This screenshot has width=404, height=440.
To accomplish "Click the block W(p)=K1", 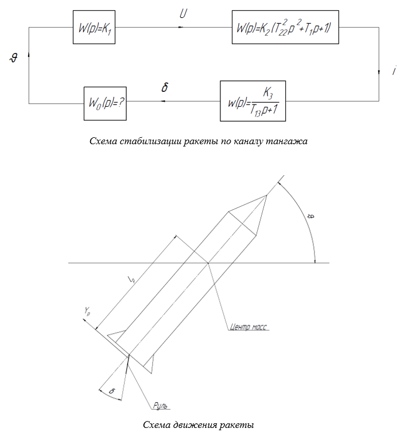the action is point(94,27).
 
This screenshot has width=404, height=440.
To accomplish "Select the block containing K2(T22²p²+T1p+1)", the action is point(285,27).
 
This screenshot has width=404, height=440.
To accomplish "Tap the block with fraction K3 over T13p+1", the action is point(252,101).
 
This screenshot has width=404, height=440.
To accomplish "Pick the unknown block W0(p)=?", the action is point(105,103).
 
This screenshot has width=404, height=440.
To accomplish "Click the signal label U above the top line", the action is point(183,14).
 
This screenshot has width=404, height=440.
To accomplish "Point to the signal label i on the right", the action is point(394,70).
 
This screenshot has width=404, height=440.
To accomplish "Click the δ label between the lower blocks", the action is point(165,87).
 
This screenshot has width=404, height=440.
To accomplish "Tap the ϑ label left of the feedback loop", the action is point(14,58).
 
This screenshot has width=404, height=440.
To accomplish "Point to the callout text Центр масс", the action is point(248,327).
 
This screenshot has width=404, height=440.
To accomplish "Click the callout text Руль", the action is point(160,406).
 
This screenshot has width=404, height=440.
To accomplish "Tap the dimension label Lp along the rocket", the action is point(132,279).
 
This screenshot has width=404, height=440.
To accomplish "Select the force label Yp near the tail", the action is point(87,311).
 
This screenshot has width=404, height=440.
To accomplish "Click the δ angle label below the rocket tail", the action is point(112,391).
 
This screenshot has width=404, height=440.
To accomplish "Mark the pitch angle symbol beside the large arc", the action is point(311,216).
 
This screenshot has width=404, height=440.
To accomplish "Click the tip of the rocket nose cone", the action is point(266,195).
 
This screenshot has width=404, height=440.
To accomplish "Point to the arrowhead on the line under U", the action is point(181,27).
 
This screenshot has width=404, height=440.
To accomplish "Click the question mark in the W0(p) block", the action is point(121,103).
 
